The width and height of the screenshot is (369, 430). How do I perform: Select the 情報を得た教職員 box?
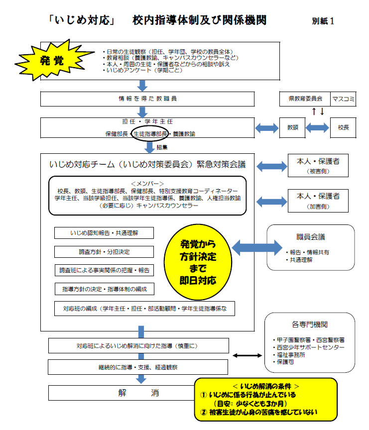[x=142, y=99]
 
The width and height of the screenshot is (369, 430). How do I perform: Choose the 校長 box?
[x=343, y=127]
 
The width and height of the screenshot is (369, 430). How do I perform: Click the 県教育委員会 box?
[x=305, y=99]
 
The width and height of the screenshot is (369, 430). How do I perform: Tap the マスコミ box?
[x=343, y=99]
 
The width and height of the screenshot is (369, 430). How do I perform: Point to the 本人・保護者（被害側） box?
[x=318, y=166]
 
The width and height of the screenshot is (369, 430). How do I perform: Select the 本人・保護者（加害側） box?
[x=318, y=201]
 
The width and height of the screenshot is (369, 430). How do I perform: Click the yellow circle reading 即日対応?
[x=198, y=261]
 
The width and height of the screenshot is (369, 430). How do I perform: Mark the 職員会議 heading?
[x=311, y=237]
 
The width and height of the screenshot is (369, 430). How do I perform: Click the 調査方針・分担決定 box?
[x=104, y=251]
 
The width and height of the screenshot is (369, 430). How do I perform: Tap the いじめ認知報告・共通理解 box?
[x=104, y=232]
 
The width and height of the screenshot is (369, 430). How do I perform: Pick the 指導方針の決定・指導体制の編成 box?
[x=104, y=289]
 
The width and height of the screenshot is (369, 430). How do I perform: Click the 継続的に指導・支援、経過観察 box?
[x=139, y=367]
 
